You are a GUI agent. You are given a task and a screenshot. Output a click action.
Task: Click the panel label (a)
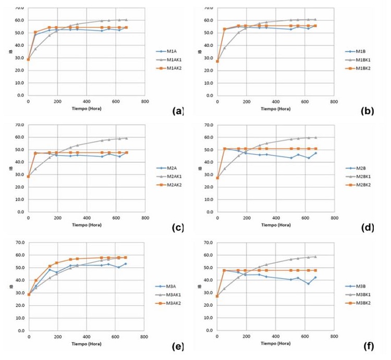pyautogui.click(x=178, y=111)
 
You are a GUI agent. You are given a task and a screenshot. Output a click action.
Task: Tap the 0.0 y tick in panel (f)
pyautogui.click(x=207, y=331)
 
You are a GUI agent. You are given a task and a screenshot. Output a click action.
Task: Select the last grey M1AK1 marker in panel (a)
pyautogui.click(x=126, y=20)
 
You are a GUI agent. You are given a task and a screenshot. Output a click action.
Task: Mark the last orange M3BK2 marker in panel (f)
pyautogui.click(x=315, y=270)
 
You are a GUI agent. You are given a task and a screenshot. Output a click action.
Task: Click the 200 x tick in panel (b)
pyautogui.click(x=247, y=101)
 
